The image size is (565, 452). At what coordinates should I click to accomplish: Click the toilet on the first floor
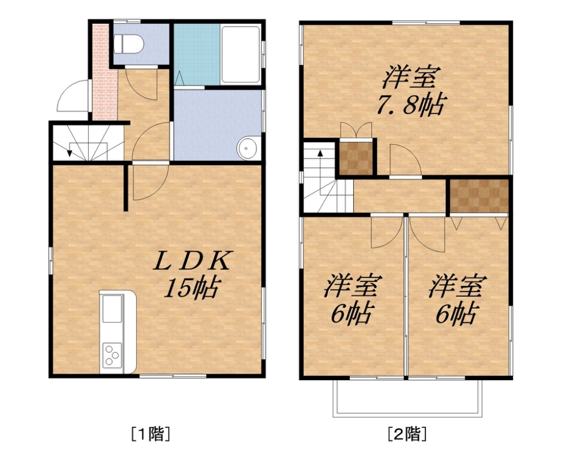point(129,44)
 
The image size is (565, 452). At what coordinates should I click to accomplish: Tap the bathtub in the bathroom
point(241,55)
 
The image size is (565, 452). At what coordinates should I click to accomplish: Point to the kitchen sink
point(112,309)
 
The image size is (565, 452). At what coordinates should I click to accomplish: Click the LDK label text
point(192,260)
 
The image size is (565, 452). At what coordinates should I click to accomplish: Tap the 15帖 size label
point(191,288)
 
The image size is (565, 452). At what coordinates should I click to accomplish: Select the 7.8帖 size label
point(410,104)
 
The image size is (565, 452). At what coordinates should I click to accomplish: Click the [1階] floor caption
point(150,433)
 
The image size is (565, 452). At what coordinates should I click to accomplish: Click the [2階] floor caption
point(407,433)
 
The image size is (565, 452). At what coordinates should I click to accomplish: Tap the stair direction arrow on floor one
point(69,153)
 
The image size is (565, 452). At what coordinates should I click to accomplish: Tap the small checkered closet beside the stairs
point(356,158)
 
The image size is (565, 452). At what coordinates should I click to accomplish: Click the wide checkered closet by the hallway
point(479,196)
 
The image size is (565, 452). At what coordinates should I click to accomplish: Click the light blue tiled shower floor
point(197,55)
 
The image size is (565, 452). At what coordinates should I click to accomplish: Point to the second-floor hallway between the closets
point(399,196)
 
